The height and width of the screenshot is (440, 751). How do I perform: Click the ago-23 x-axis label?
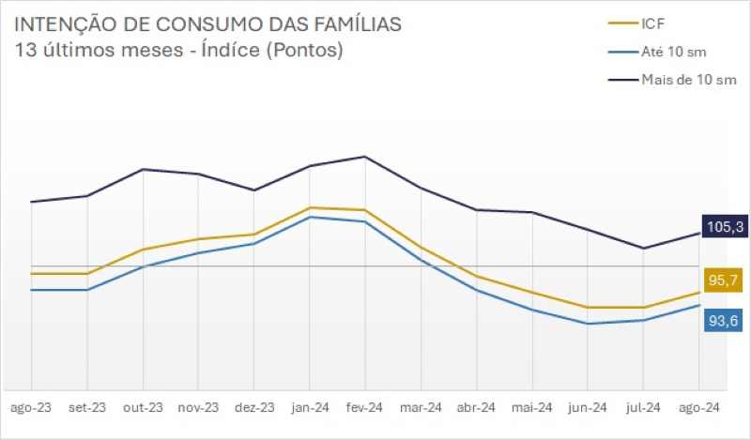pos(32,407)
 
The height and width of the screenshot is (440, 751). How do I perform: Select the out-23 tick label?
pos(143,407)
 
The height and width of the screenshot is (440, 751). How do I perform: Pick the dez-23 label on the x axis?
pos(254,407)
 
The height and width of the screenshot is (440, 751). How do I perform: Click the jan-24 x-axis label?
pos(310,407)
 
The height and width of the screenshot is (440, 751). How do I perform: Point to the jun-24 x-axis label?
pos(588,407)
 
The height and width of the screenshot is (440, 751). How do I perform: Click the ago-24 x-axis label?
pos(699,407)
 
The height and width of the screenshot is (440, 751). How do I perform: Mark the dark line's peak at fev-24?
pos(365,157)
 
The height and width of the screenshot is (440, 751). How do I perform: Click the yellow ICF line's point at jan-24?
pos(310,207)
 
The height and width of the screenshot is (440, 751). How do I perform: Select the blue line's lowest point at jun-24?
pos(588,324)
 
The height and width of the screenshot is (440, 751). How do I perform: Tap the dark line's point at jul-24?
pos(643,249)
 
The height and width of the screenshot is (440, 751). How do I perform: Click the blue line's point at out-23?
pos(143,266)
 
